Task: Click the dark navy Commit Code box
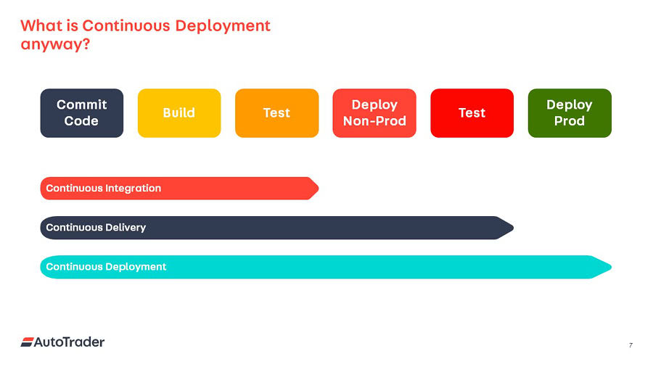click(81, 112)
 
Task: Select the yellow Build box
click(179, 112)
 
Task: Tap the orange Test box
click(277, 112)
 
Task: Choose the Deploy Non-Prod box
click(374, 112)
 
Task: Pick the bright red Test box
click(472, 112)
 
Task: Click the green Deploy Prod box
click(570, 112)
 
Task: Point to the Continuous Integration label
click(103, 189)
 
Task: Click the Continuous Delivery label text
click(96, 228)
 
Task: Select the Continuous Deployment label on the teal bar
click(106, 267)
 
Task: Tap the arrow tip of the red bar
click(319, 189)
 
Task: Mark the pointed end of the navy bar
click(513, 228)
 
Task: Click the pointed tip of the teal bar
click(611, 267)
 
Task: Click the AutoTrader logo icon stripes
click(27, 342)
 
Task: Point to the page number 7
click(631, 345)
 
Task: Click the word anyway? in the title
click(55, 44)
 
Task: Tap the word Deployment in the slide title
click(223, 26)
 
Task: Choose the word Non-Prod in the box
click(374, 121)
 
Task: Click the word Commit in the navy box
click(81, 104)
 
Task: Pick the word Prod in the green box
click(570, 121)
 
